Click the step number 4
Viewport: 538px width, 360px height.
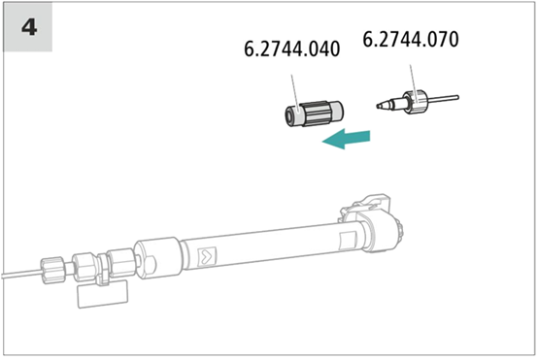(29, 27)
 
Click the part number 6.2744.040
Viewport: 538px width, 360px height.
(292, 49)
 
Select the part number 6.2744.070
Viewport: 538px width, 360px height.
(411, 39)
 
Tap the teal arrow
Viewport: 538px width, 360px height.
(346, 139)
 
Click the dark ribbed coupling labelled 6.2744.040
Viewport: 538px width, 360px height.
(315, 114)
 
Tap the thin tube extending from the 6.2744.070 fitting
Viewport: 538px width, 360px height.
(443, 99)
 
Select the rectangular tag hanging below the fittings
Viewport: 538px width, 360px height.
(103, 293)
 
